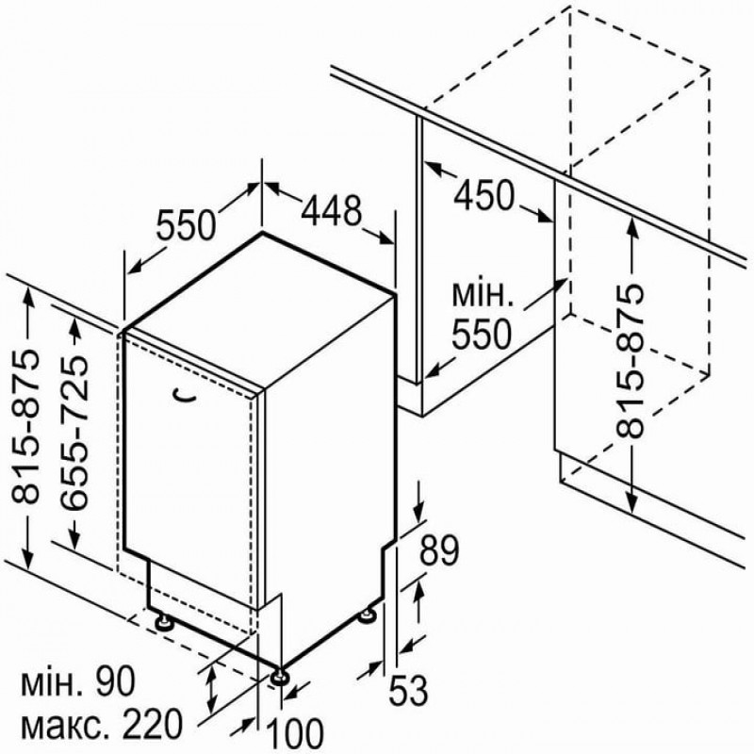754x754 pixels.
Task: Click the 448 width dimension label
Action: (x=332, y=210)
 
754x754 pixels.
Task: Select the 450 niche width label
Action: (x=484, y=195)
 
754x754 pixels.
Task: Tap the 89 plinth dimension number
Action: (x=439, y=550)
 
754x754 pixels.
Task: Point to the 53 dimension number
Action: (x=408, y=690)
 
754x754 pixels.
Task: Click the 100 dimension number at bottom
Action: (x=294, y=734)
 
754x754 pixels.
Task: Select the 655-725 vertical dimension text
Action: (x=74, y=433)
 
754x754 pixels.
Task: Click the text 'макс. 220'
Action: (x=103, y=725)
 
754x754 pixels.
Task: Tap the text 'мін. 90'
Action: (x=78, y=681)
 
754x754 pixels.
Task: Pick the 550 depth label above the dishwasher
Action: (x=186, y=225)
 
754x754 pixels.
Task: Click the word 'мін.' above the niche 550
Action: (x=483, y=295)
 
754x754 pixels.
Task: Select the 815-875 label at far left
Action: (x=25, y=427)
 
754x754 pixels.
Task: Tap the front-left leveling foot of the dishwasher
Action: (x=164, y=621)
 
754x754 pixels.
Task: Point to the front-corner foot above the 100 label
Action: (x=280, y=677)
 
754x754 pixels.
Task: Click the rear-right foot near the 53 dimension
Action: (x=369, y=615)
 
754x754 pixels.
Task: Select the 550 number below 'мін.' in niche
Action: (x=481, y=335)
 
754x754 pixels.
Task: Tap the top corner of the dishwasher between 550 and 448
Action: (x=262, y=233)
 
